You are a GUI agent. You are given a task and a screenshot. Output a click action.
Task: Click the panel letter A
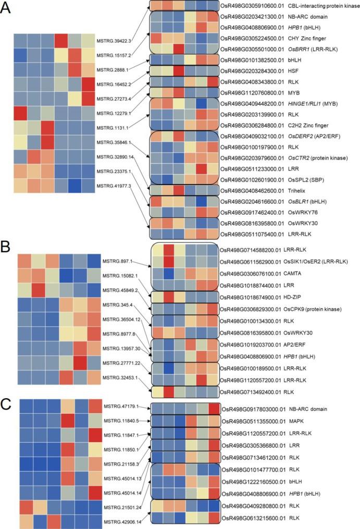[7, 8]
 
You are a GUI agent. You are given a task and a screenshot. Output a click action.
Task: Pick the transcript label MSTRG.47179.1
[120, 406]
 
